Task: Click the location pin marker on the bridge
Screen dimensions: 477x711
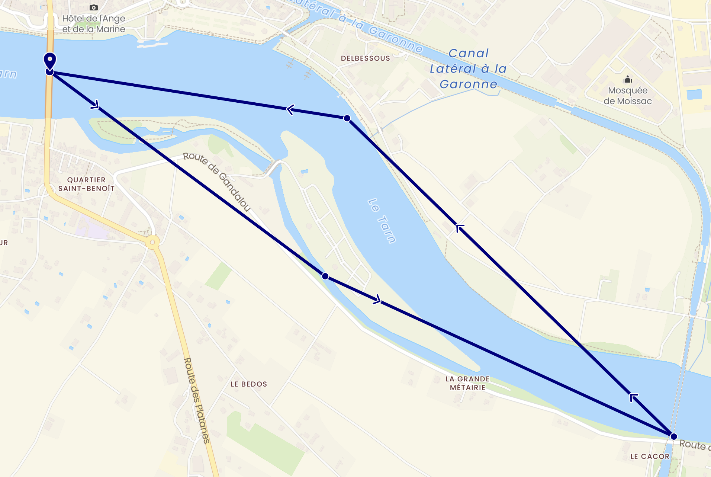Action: [x=50, y=61]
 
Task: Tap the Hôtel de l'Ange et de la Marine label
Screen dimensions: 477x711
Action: [x=93, y=24]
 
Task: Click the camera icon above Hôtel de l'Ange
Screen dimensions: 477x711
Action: [x=93, y=7]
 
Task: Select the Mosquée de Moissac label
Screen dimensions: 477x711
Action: [x=627, y=96]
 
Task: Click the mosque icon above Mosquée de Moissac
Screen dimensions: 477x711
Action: [x=628, y=79]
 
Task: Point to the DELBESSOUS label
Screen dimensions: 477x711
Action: [x=365, y=58]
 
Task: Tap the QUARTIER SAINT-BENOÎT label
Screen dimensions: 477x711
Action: [x=86, y=184]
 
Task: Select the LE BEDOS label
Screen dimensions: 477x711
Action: [x=249, y=384]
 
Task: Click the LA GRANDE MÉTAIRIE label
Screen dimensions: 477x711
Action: [x=467, y=383]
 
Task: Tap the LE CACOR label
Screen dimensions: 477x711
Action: [x=650, y=456]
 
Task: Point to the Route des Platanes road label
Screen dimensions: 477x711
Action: [x=197, y=400]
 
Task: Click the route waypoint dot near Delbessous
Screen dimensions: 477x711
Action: [x=347, y=118]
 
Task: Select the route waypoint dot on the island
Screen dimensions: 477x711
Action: [x=325, y=276]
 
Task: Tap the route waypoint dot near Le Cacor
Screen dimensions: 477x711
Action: [x=673, y=436]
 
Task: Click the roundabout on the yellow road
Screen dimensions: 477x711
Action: [x=152, y=242]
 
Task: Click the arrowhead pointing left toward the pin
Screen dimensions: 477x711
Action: [x=290, y=109]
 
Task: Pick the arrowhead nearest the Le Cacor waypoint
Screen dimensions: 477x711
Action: [x=633, y=397]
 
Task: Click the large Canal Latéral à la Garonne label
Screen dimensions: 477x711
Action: [x=468, y=69]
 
